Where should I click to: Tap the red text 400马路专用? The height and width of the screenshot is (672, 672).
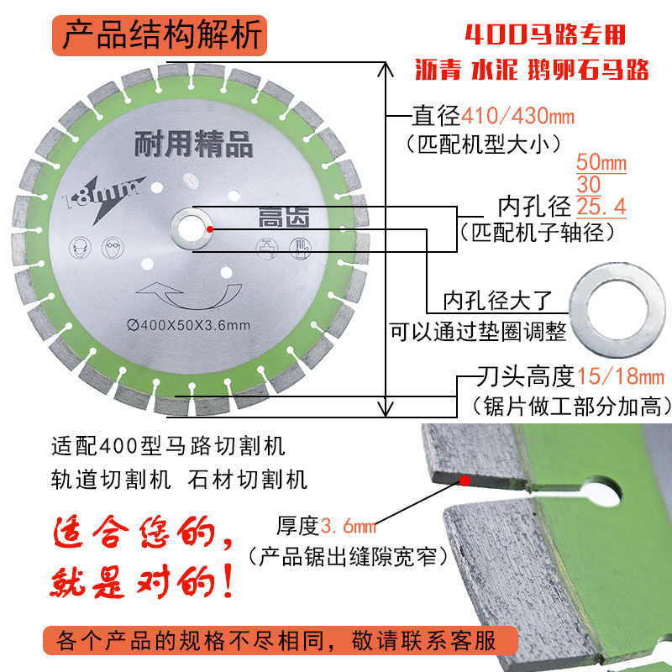coord(546,37)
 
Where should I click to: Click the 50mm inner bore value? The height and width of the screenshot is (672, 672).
coord(601,162)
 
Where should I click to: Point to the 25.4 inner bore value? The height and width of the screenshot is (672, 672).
coord(601,206)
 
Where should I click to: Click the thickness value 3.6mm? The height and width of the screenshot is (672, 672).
coord(346,527)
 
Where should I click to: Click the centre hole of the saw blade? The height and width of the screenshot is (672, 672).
coord(192,228)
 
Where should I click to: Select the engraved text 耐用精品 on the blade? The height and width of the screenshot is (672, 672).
coord(193,145)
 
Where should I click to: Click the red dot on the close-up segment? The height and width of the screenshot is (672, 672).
coord(464,480)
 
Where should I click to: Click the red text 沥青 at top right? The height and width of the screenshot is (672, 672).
coord(438,70)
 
